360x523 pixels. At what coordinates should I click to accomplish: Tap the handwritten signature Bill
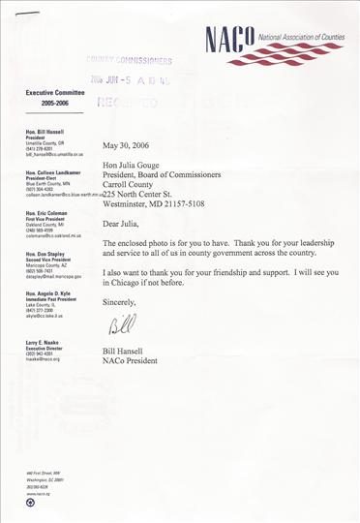pos(120,323)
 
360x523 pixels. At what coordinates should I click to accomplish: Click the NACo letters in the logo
pos(229,40)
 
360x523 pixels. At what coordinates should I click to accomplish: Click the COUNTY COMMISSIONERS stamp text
pos(129,60)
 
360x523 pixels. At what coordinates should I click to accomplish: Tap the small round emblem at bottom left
pos(31,502)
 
